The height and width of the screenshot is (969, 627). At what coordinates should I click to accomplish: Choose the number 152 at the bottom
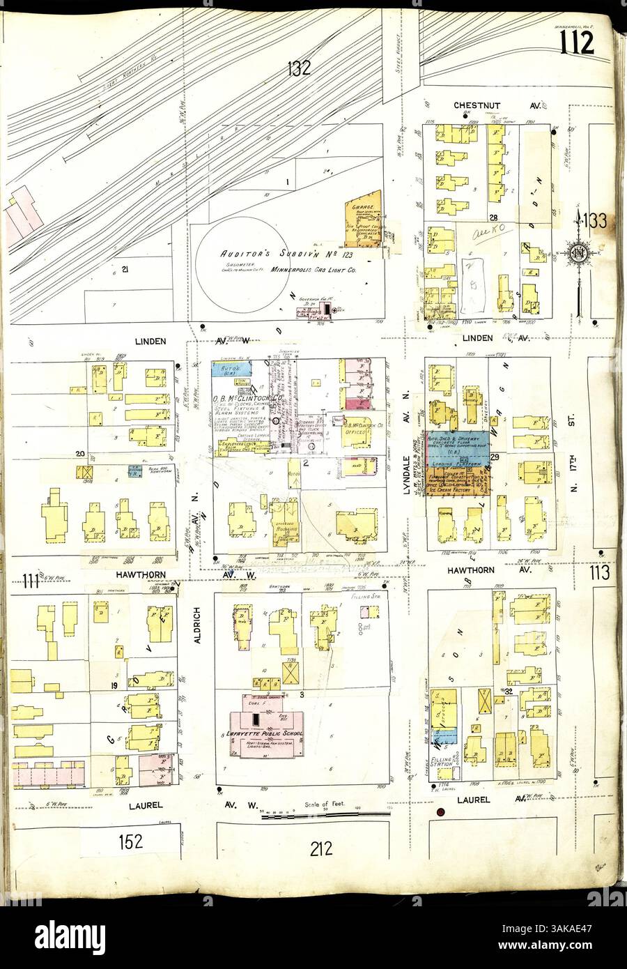[x=130, y=841]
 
